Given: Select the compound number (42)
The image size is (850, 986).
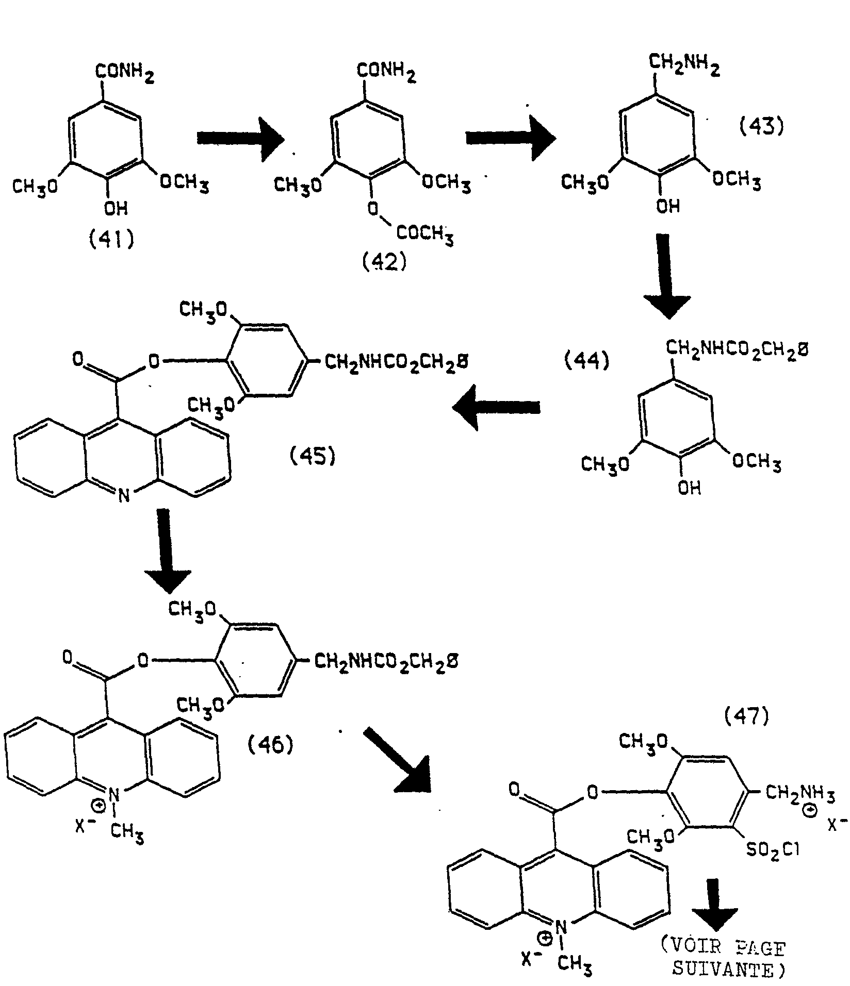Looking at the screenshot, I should click(x=384, y=262).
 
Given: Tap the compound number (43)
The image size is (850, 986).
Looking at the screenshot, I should click(x=761, y=126).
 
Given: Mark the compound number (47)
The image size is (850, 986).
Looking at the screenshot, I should click(x=746, y=716).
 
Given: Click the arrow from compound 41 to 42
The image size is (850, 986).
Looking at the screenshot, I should click(x=240, y=138).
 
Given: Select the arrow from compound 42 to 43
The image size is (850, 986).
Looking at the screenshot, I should click(x=510, y=138).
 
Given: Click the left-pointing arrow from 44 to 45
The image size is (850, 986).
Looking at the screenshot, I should click(x=496, y=408).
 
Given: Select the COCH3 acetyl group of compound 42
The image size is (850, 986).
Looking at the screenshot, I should click(x=424, y=235).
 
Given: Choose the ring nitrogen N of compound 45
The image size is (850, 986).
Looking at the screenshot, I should click(x=122, y=496).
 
